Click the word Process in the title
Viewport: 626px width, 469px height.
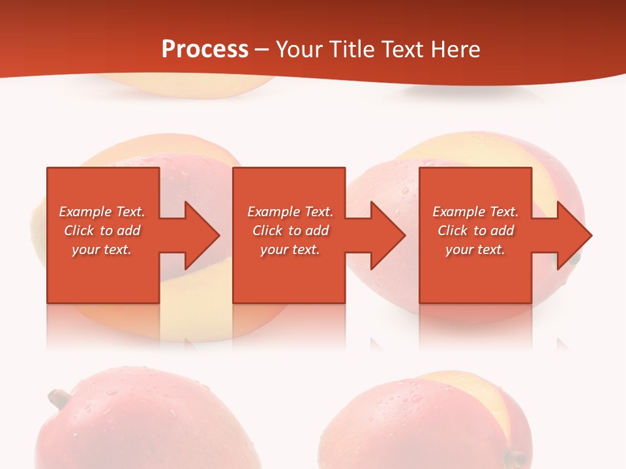click(x=205, y=50)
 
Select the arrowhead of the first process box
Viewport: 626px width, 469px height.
click(x=199, y=235)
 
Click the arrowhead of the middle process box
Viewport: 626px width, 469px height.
click(x=385, y=235)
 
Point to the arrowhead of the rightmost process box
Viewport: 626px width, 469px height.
click(x=572, y=235)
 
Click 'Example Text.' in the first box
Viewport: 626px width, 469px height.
click(x=102, y=212)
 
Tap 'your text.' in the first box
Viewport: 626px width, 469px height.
click(x=102, y=249)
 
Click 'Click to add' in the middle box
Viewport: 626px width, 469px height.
click(x=290, y=231)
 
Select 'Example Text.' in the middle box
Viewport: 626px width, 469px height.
click(x=290, y=212)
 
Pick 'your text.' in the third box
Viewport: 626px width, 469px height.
click(x=475, y=249)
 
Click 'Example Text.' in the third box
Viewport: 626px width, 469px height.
click(x=475, y=212)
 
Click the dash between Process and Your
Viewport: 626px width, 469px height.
click(x=262, y=50)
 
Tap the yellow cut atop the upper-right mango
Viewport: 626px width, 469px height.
click(x=456, y=150)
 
